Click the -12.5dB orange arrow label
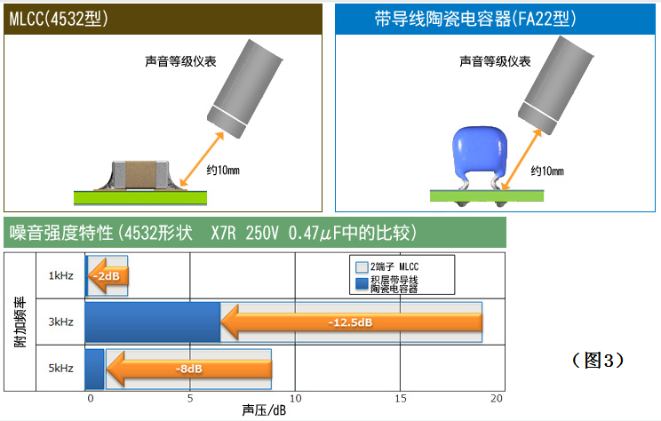[x=350, y=322]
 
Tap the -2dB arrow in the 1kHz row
[x=108, y=276]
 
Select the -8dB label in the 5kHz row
[x=189, y=369]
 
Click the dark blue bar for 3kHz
[x=153, y=322]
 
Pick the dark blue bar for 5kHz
[x=95, y=369]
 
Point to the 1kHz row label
[x=60, y=276]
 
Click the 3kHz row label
[x=60, y=322]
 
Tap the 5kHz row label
[x=60, y=369]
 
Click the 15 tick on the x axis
[x=401, y=398]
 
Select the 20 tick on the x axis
[x=497, y=398]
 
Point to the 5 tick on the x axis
[x=190, y=398]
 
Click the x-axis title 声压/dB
[x=264, y=410]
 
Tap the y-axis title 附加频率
[x=20, y=322]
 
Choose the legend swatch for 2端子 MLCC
[x=362, y=267]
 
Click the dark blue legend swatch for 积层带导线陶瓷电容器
[x=362, y=283]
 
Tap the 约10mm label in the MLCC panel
[x=223, y=171]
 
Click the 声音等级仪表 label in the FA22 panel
[x=495, y=61]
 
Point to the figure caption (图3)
[x=598, y=361]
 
